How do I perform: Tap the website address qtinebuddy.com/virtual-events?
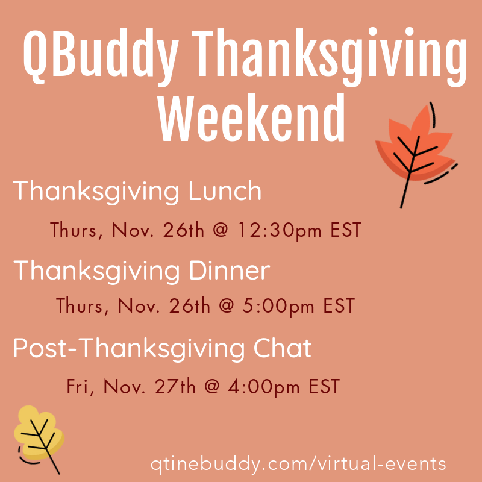pos(299,464)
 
